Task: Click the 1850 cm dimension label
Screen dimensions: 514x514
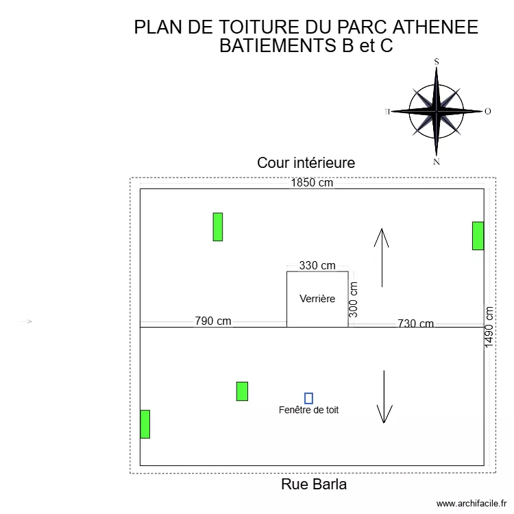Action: (x=312, y=183)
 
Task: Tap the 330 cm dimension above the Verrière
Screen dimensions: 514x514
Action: (x=317, y=265)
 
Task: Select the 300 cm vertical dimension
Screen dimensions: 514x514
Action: (x=354, y=299)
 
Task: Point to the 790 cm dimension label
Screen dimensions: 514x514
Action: (x=213, y=321)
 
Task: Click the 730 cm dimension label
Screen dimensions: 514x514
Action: (x=415, y=324)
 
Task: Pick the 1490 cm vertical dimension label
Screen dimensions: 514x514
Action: (x=489, y=327)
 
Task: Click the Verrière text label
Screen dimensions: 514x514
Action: (x=317, y=299)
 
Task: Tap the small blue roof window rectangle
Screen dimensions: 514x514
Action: (x=308, y=398)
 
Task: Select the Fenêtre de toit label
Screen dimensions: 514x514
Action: (x=309, y=411)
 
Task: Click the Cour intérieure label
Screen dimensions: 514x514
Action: (x=306, y=163)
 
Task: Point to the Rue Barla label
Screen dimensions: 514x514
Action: (x=314, y=485)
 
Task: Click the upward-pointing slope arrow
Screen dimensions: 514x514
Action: (x=382, y=257)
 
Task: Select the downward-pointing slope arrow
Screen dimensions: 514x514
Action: (x=384, y=397)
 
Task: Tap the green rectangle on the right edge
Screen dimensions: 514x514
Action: (x=478, y=236)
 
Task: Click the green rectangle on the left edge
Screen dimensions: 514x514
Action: (x=145, y=424)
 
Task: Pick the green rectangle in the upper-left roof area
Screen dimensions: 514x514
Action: (x=218, y=227)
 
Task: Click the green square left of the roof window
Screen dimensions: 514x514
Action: (x=242, y=391)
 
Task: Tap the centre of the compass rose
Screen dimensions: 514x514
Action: (x=436, y=110)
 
